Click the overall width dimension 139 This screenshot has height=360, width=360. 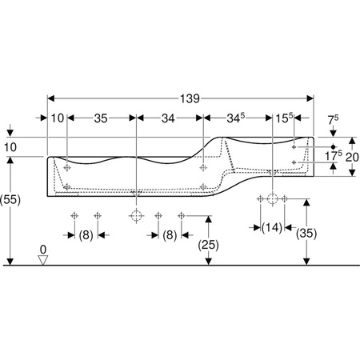pyautogui.click(x=190, y=98)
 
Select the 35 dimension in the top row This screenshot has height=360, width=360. pyautogui.click(x=101, y=118)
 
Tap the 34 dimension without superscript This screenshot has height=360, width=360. pyautogui.click(x=168, y=118)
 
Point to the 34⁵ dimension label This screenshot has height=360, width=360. pyautogui.click(x=236, y=118)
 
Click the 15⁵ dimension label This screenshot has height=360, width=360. pyautogui.click(x=284, y=118)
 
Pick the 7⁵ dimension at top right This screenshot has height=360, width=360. pyautogui.click(x=333, y=120)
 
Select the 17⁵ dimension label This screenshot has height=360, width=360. pyautogui.click(x=334, y=156)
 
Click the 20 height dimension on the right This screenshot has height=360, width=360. pyautogui.click(x=352, y=157)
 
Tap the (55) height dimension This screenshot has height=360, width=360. pyautogui.click(x=10, y=199)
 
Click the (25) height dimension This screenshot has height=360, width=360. pyautogui.click(x=208, y=245)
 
